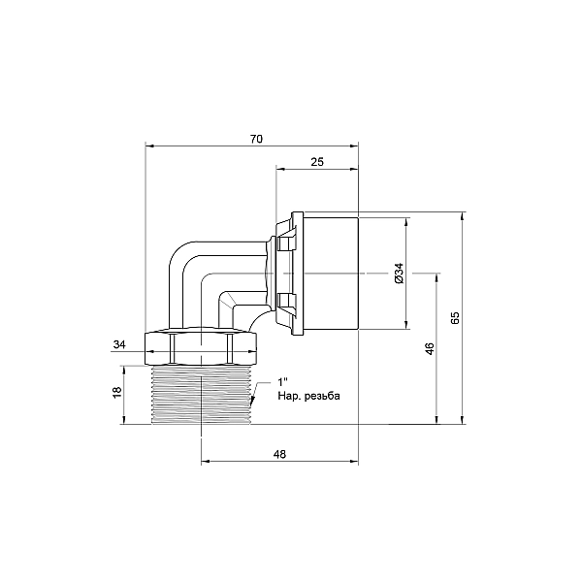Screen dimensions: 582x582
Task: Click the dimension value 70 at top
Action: pyautogui.click(x=256, y=139)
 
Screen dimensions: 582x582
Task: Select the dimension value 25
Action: pyautogui.click(x=317, y=162)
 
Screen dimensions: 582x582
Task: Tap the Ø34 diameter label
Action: pyautogui.click(x=399, y=274)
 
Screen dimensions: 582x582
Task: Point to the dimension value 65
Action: pyautogui.click(x=455, y=317)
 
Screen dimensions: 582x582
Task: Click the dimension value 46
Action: pyautogui.click(x=430, y=348)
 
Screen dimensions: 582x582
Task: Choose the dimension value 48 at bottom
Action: pyautogui.click(x=279, y=454)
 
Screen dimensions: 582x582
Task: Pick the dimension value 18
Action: pyautogui.click(x=117, y=392)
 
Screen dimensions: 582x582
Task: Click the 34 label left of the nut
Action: pyautogui.click(x=119, y=344)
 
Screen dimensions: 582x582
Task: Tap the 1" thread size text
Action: pyautogui.click(x=283, y=382)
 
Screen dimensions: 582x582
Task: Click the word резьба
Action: pyautogui.click(x=322, y=397)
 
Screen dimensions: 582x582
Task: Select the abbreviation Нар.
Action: pyautogui.click(x=289, y=397)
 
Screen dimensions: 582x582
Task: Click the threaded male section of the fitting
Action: pyautogui.click(x=201, y=395)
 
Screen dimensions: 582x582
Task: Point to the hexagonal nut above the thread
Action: pyautogui.click(x=201, y=346)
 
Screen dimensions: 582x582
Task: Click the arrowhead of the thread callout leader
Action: pyautogui.click(x=252, y=401)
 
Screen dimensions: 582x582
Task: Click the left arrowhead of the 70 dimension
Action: pyautogui.click(x=149, y=146)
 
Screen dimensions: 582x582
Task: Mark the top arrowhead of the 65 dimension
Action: pyautogui.click(x=462, y=216)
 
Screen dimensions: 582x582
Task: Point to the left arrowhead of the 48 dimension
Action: pyautogui.click(x=206, y=462)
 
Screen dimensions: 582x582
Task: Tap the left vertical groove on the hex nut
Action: pyautogui.click(x=172, y=348)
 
